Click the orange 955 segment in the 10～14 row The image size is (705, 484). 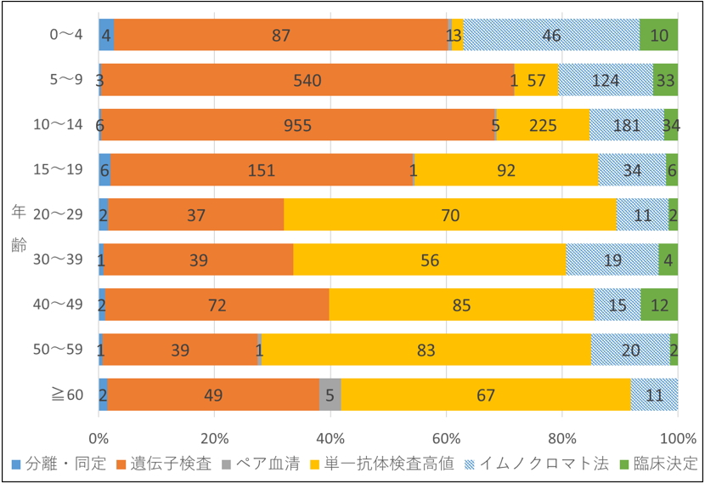pyautogui.click(x=297, y=125)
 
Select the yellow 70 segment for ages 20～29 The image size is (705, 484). pyautogui.click(x=450, y=214)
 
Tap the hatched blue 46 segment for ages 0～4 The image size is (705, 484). pyautogui.click(x=551, y=36)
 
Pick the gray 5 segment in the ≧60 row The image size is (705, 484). pyautogui.click(x=330, y=394)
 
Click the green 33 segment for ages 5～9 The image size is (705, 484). pyautogui.click(x=665, y=80)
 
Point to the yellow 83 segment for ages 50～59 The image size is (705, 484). pyautogui.click(x=426, y=349)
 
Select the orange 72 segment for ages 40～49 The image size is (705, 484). pyautogui.click(x=217, y=305)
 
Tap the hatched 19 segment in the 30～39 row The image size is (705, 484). pyautogui.click(x=612, y=259)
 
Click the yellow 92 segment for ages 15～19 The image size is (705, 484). pyautogui.click(x=506, y=170)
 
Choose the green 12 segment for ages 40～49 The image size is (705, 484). pyautogui.click(x=659, y=305)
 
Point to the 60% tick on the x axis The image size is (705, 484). pyautogui.click(x=446, y=439)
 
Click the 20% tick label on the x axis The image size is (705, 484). pyautogui.click(x=214, y=439)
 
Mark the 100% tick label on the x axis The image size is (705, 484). pyautogui.click(x=678, y=439)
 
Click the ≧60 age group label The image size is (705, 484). pyautogui.click(x=66, y=394)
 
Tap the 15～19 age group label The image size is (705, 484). pyautogui.click(x=62, y=169)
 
